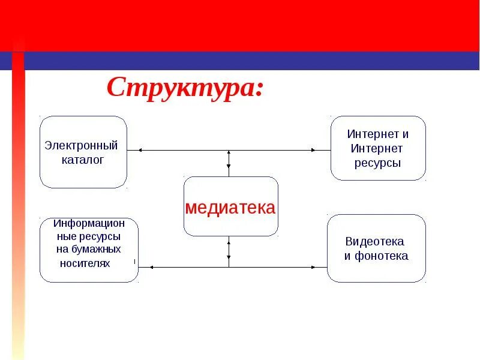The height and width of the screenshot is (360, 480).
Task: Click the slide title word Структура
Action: (x=180, y=88)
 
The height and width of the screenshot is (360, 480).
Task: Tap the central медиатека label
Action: (x=230, y=208)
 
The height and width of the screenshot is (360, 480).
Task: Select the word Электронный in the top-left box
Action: (x=82, y=146)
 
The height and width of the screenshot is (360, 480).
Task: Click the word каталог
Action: (x=83, y=160)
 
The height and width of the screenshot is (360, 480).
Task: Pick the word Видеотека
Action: (x=375, y=241)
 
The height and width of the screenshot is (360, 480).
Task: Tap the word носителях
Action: (x=85, y=263)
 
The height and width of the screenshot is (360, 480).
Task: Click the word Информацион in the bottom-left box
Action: (x=89, y=223)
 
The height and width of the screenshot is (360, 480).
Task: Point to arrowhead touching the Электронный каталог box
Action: (x=139, y=150)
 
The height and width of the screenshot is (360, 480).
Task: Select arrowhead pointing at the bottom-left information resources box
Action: (x=151, y=267)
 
